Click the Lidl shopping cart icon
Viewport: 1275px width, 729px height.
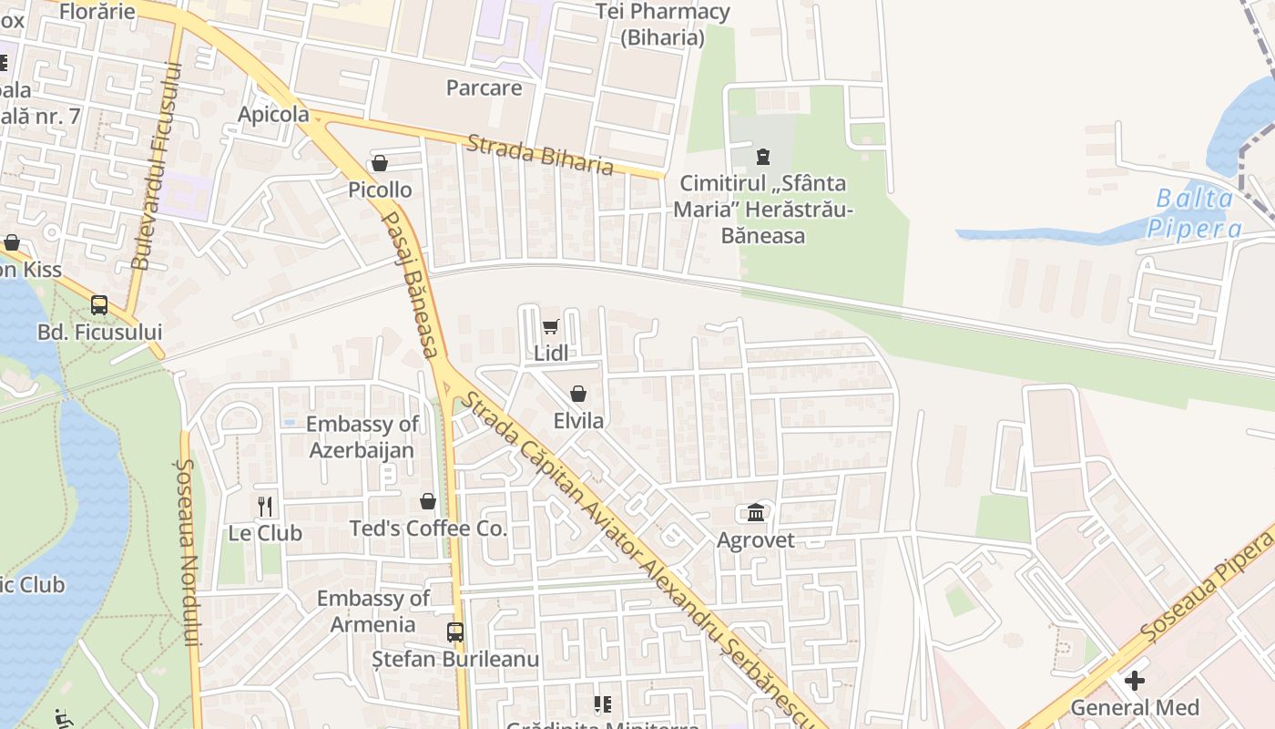coord(550,326)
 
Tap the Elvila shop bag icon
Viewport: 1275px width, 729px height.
coord(577,394)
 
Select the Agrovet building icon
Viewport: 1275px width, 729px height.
coord(756,513)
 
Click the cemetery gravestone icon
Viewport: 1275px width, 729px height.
coord(763,156)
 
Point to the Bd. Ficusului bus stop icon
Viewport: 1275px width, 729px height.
coord(99,305)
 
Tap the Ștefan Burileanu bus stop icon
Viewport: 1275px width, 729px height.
coord(455,631)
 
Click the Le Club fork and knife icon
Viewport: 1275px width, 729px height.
coord(265,507)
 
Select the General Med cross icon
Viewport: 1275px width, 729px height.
coord(1134,680)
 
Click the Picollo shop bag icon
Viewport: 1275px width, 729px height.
coord(380,163)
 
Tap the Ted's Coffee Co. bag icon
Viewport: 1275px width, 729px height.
coord(428,501)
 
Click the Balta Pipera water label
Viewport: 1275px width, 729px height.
coord(1194,213)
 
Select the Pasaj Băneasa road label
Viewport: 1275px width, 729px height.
coord(411,283)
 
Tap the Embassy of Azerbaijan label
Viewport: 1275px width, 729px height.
coord(362,436)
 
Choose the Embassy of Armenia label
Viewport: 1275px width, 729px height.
coord(373,611)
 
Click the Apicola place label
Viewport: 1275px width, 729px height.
coord(273,115)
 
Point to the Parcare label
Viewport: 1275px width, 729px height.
coord(484,87)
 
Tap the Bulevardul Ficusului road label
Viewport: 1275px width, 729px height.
coord(154,165)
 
